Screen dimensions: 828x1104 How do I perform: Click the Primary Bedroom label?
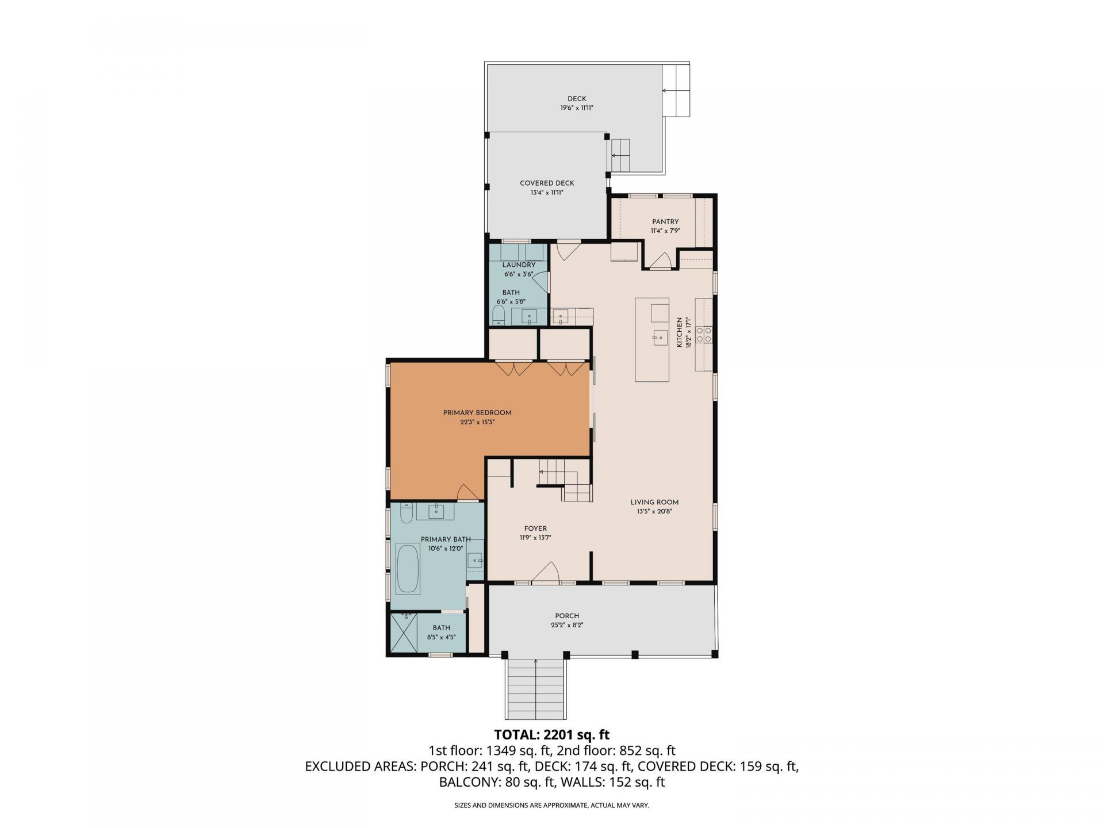[x=477, y=412]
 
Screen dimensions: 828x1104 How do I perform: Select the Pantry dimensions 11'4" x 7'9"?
[x=665, y=231]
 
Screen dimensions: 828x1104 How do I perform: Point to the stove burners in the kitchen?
[x=704, y=334]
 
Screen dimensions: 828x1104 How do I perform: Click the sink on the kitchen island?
[x=659, y=338]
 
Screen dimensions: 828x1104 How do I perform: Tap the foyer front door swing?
[x=546, y=573]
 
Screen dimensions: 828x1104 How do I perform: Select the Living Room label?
[x=654, y=502]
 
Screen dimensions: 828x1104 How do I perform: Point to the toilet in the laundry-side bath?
[x=499, y=315]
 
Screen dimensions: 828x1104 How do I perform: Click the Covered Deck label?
[x=547, y=183]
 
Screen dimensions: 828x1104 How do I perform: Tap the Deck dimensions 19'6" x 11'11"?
[x=577, y=108]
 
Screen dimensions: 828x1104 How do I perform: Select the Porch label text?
[x=567, y=616]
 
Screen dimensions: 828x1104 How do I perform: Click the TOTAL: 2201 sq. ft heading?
[x=551, y=734]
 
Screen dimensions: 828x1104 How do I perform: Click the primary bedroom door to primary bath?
[x=467, y=493]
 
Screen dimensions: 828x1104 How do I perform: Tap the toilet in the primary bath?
[x=405, y=513]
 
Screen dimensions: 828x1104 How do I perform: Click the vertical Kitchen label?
[x=679, y=332]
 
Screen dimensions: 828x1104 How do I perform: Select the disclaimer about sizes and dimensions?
[x=551, y=806]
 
